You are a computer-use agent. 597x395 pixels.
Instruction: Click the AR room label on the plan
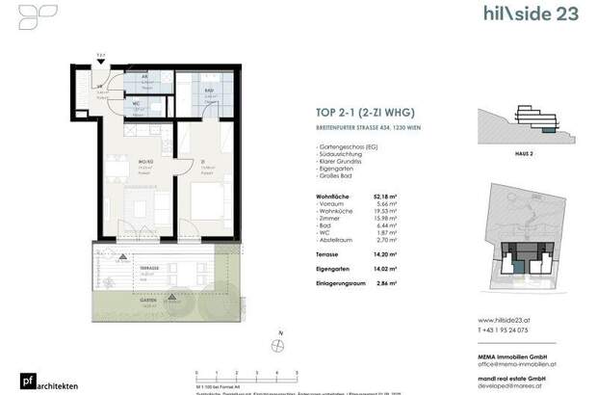tap(143, 76)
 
